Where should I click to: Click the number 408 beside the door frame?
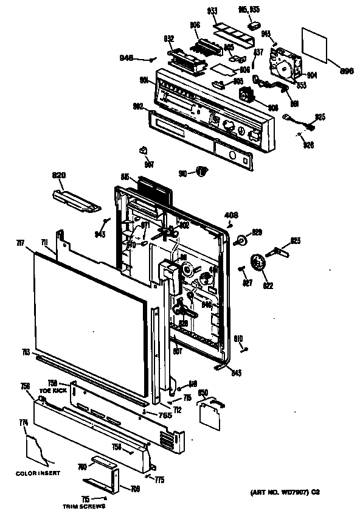click(232, 215)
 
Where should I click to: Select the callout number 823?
click(295, 241)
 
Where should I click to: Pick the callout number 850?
click(203, 392)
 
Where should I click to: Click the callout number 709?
click(135, 488)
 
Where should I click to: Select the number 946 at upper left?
click(126, 58)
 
